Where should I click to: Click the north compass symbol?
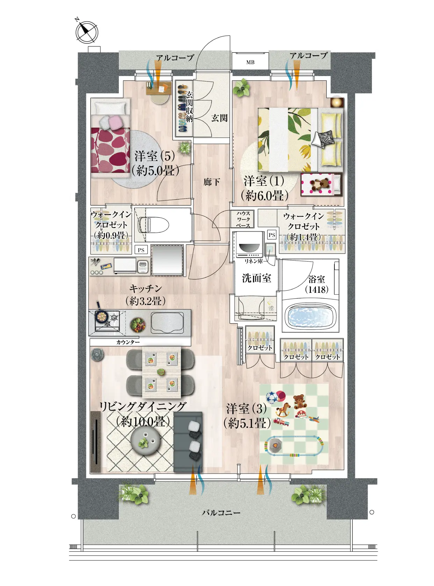coord(87,32)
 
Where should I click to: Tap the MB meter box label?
coord(250,62)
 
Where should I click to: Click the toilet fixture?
coord(153,225)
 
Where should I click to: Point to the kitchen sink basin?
coord(167,323)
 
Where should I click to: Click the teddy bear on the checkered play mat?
coord(299,402)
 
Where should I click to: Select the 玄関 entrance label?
coord(219,118)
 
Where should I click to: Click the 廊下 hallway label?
coord(212,182)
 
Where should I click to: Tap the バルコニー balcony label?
coord(221,513)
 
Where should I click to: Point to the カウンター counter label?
coord(128,342)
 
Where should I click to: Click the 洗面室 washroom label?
coord(256,278)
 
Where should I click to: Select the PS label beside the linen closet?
coord(272,235)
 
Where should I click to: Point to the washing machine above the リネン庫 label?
coord(249,245)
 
